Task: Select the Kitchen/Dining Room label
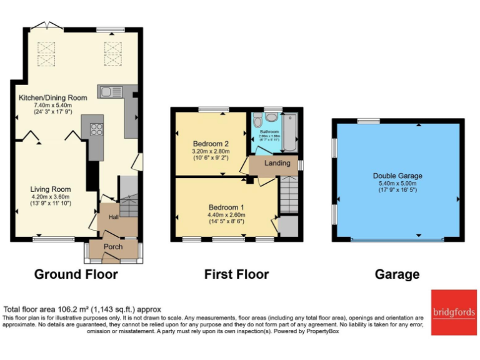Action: click(x=52, y=97)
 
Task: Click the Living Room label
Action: click(x=51, y=189)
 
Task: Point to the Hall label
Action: click(x=114, y=217)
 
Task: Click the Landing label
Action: click(x=277, y=163)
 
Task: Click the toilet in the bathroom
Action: click(x=271, y=118)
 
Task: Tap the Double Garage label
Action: click(x=397, y=176)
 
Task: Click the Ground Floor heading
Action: click(x=76, y=274)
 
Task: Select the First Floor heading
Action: click(x=236, y=274)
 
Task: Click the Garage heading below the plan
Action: click(x=397, y=274)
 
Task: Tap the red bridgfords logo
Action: click(x=452, y=311)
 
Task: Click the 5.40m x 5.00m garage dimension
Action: click(x=397, y=184)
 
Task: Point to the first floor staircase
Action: click(x=288, y=195)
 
